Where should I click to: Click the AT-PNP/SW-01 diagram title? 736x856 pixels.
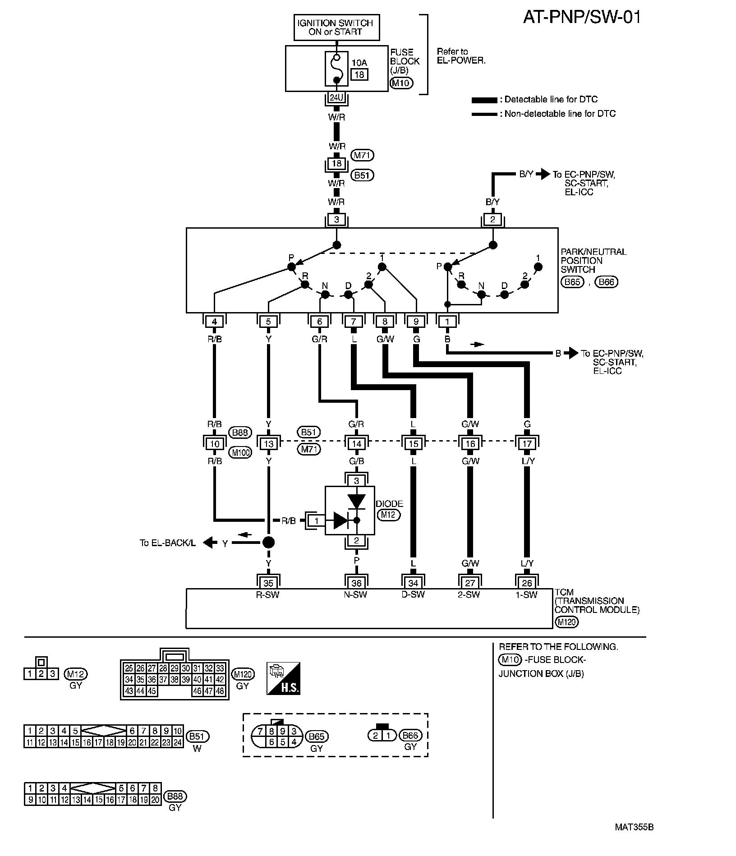(581, 17)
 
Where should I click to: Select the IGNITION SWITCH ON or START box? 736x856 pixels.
(336, 28)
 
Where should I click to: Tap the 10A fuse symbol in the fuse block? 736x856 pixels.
(336, 69)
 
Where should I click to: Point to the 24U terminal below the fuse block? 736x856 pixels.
(336, 98)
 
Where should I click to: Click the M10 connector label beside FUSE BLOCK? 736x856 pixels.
(401, 83)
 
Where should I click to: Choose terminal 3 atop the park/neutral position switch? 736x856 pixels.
(336, 220)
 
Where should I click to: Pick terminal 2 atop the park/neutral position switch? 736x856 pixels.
(492, 220)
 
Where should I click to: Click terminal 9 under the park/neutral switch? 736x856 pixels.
(416, 322)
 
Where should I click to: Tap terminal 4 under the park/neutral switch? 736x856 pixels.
(215, 322)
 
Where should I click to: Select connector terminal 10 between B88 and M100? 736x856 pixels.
(215, 444)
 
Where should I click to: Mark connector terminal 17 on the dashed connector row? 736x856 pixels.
(527, 444)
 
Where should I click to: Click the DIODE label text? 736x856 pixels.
(390, 504)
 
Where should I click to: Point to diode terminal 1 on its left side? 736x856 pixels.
(317, 521)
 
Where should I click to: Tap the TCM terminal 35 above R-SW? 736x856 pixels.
(268, 583)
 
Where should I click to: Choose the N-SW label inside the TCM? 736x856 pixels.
(355, 595)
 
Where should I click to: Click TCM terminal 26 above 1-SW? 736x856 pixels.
(527, 583)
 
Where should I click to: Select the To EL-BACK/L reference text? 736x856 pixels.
(168, 543)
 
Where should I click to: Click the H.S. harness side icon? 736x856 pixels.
(283, 678)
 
